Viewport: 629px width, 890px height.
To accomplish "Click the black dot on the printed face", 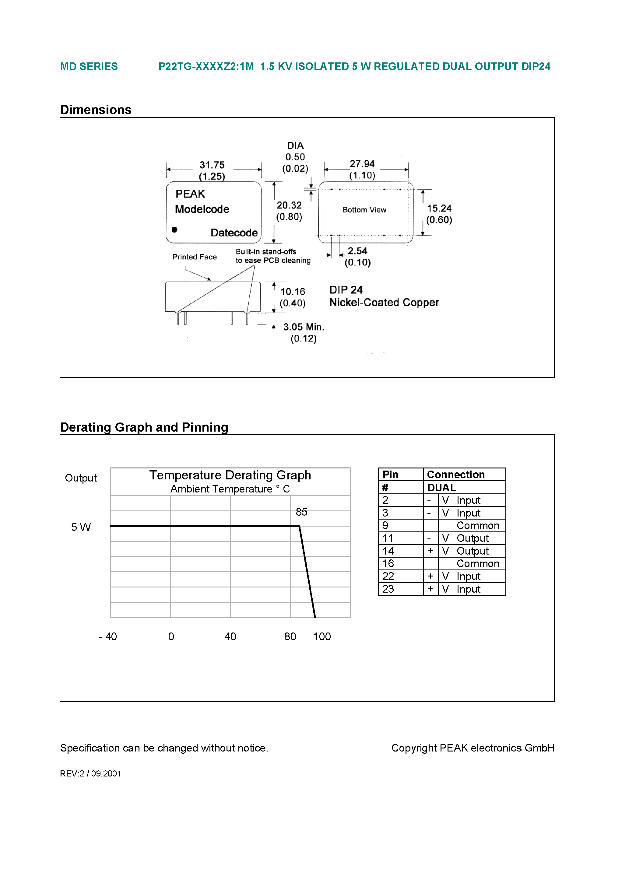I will point(174,230).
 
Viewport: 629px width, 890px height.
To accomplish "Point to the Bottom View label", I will point(364,210).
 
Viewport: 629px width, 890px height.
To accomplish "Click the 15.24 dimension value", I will point(439,208).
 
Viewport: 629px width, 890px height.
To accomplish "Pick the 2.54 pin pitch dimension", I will point(357,251).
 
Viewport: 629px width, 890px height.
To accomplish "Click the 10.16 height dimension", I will point(293,292).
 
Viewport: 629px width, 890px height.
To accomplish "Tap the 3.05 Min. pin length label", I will point(303,327).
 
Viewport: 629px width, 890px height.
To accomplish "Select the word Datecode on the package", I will point(234,233).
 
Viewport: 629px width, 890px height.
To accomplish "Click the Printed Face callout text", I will point(194,257).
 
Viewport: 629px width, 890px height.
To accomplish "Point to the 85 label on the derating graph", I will point(301,512).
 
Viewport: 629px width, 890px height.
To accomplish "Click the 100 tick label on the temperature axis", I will point(322,636).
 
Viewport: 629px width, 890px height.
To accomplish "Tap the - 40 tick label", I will point(108,636).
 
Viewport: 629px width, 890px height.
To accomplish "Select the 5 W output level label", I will point(81,527).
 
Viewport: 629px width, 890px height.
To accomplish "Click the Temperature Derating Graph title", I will point(230,475).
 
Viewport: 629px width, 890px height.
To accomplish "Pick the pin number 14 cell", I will point(388,551).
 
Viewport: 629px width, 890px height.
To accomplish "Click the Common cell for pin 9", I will point(478,526).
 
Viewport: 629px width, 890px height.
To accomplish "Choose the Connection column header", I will point(456,475).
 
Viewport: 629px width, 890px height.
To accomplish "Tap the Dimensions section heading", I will point(96,110).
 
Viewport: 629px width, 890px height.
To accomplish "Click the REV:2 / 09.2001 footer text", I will point(90,773).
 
